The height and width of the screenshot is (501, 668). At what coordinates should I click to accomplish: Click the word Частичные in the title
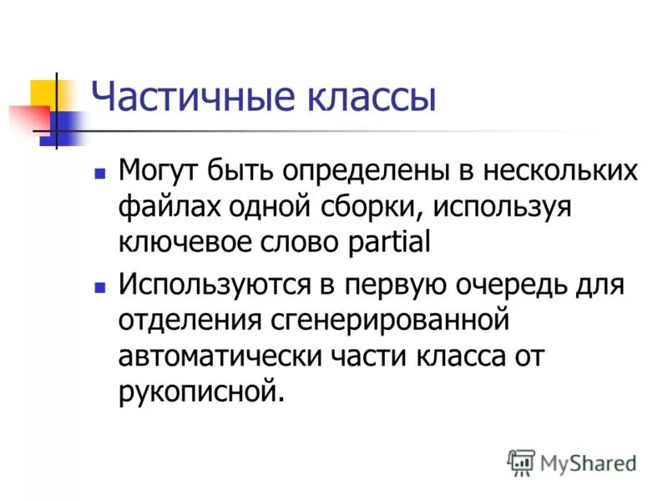point(182,97)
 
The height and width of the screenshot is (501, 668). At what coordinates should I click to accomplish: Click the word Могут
point(158,171)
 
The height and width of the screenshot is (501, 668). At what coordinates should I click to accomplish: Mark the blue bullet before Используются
point(100,286)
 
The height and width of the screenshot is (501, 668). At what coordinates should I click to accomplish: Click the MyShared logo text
point(588,462)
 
